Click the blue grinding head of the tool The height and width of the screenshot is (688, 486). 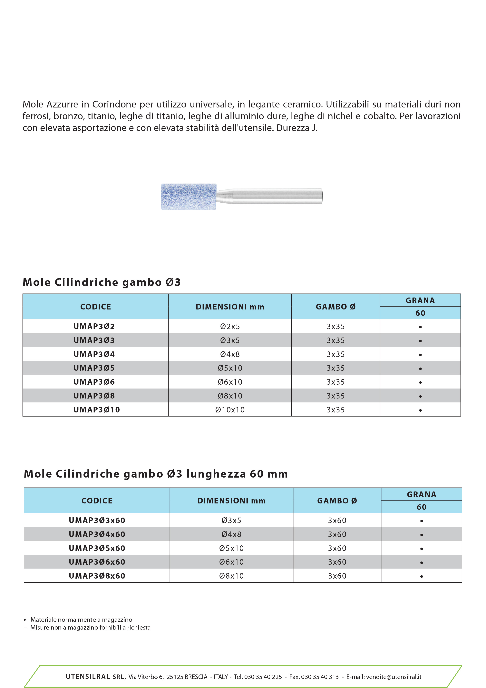[189, 197]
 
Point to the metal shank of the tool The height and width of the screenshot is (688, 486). [273, 197]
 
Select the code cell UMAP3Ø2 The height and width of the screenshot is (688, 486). [94, 326]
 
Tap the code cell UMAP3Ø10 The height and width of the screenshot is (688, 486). [96, 410]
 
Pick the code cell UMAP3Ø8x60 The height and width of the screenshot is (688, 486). [97, 576]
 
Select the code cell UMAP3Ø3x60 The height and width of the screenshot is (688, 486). [97, 520]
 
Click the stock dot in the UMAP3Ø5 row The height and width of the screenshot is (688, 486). [420, 369]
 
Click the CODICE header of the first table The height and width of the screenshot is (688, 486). [95, 307]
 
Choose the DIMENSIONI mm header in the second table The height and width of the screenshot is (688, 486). [231, 501]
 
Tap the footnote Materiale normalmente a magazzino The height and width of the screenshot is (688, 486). [81, 619]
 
